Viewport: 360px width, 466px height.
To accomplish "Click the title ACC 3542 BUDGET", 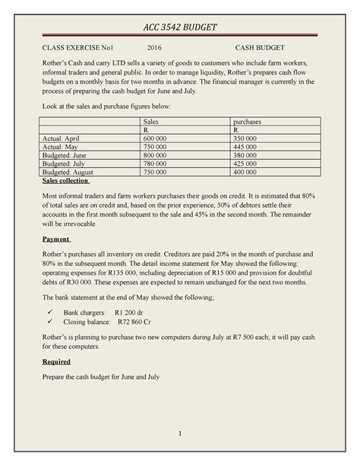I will (x=180, y=27).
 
